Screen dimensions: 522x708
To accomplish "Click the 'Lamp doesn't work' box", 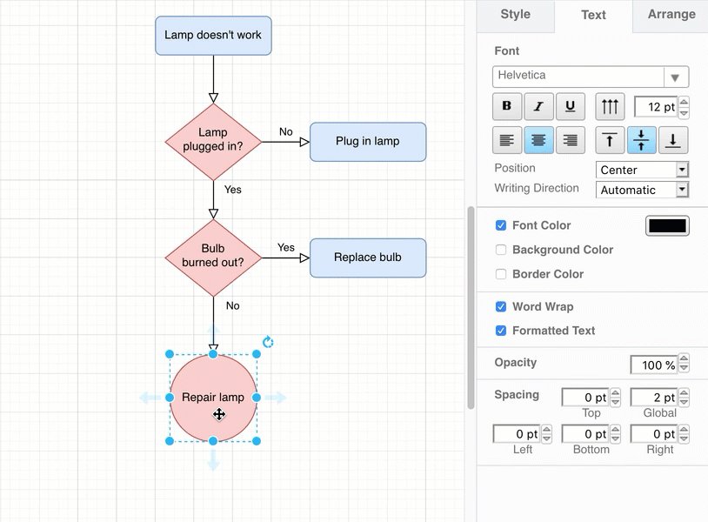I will (213, 36).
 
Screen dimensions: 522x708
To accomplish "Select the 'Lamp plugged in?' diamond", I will (213, 142).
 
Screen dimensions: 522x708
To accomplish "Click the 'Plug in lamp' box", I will (368, 142).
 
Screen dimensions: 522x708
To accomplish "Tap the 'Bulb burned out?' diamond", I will (213, 257).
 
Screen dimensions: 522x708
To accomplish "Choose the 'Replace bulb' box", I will (368, 258).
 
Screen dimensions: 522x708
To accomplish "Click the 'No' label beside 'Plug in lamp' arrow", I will (285, 132).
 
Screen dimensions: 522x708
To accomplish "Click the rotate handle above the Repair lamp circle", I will (268, 342).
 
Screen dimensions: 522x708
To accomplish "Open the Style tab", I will (516, 15).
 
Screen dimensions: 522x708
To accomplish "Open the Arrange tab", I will (671, 15).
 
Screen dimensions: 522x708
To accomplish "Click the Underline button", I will (570, 107).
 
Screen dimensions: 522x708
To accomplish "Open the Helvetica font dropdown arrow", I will (675, 77).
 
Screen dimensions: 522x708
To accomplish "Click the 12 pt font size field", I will (656, 107).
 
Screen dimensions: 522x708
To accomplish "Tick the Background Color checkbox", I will (501, 250).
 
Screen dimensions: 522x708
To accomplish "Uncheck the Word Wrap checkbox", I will (501, 306).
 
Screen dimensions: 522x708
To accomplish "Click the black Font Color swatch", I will (667, 226).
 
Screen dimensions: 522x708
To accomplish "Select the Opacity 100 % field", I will (653, 365).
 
